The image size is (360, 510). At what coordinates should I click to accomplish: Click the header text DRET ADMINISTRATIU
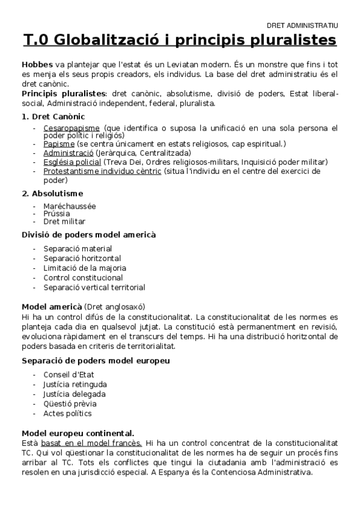tap(302, 26)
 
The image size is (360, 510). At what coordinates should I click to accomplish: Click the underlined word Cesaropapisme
tap(72, 128)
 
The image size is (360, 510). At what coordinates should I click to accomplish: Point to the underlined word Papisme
tap(59, 144)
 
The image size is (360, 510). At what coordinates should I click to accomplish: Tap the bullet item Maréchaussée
tap(69, 206)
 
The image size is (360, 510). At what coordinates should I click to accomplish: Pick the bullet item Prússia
tap(56, 214)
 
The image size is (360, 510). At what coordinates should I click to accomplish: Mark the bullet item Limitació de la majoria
tap(85, 268)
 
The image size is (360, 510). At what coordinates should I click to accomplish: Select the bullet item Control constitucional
tap(83, 278)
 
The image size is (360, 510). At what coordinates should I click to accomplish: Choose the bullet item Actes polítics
tap(67, 413)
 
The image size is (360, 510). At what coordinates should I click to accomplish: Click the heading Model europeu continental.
tap(78, 432)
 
